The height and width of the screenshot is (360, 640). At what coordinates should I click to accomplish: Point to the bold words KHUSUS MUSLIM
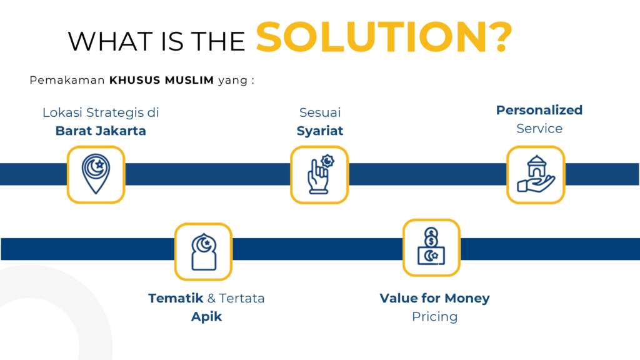[162, 80]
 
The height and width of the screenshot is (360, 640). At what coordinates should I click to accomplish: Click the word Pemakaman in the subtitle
[67, 80]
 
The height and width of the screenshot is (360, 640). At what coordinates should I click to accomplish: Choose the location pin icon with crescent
[96, 174]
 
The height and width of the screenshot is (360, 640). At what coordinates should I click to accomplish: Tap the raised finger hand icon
[319, 174]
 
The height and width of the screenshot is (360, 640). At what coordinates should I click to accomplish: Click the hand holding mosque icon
[536, 174]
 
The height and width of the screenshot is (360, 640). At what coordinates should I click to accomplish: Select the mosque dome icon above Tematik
[204, 252]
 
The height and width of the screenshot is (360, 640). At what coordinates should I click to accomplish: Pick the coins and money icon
[431, 246]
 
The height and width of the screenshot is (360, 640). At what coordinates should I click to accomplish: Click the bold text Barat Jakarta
[101, 131]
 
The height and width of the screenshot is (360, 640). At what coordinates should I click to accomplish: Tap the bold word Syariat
[319, 131]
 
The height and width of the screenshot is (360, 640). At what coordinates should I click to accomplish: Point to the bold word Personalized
[539, 110]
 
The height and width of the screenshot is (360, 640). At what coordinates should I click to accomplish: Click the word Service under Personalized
[539, 129]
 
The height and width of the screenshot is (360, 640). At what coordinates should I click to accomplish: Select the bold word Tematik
[176, 298]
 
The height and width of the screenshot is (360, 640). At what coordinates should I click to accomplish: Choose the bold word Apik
[206, 317]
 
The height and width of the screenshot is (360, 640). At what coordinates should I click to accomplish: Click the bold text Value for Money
[435, 298]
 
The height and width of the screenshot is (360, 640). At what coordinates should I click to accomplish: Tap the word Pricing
[435, 317]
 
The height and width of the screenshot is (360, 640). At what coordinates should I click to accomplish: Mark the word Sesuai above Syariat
[320, 112]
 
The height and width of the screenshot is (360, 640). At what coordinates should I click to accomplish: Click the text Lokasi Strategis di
[101, 112]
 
